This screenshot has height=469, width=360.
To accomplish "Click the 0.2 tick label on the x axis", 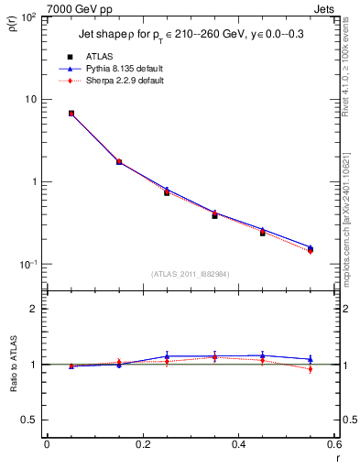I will click(x=142, y=444).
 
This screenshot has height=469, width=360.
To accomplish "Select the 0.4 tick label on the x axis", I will click(x=238, y=444).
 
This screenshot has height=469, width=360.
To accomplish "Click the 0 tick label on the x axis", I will click(x=47, y=444).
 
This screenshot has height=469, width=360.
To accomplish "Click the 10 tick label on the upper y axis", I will click(x=29, y=99).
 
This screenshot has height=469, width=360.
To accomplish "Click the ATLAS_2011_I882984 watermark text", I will click(x=190, y=274).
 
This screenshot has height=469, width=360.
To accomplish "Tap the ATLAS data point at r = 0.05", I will click(x=71, y=114).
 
